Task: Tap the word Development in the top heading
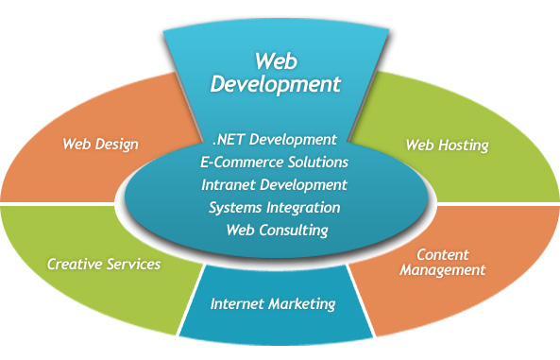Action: point(275,83)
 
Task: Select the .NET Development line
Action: point(275,141)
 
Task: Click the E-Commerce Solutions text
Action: point(275,163)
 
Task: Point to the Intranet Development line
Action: point(275,184)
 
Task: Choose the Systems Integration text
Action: point(275,207)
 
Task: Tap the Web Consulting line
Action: point(275,230)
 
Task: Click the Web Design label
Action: point(101,145)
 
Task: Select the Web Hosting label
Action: point(447,146)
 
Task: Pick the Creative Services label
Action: point(104,264)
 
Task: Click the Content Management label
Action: point(442,262)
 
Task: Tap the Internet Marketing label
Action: point(273,304)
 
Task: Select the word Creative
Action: point(74,264)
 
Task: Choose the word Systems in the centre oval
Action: point(232,207)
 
